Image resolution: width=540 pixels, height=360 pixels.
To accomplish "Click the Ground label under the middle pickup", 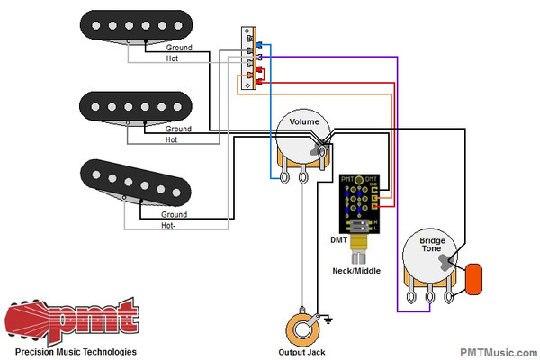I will [x=178, y=130].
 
